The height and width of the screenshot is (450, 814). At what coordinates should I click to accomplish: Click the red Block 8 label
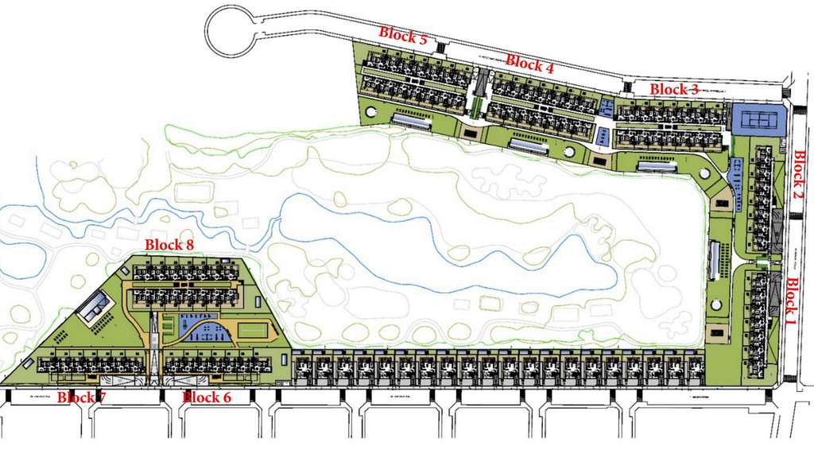[170, 245]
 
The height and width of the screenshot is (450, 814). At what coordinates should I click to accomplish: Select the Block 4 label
[529, 63]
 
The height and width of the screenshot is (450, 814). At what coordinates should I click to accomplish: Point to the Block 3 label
[674, 89]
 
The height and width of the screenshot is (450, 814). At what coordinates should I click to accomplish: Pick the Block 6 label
[207, 397]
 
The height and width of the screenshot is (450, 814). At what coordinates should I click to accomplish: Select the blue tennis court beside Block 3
[758, 120]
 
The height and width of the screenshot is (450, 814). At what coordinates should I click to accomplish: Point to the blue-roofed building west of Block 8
[94, 305]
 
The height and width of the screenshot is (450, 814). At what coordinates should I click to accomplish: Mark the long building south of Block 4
[529, 146]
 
